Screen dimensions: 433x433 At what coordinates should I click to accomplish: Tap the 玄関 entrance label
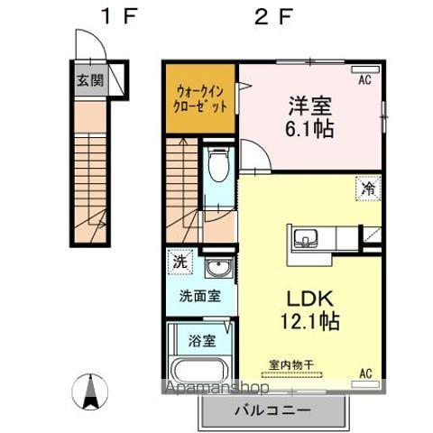[x=88, y=80]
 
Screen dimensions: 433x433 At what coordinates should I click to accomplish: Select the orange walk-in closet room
[x=200, y=97]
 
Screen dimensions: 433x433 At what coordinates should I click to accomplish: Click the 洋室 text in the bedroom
[x=310, y=105]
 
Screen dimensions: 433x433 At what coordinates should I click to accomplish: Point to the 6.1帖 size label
[x=310, y=129]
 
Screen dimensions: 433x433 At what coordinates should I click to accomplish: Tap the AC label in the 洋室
[x=365, y=80]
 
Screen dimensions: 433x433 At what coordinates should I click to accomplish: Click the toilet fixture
[x=217, y=166]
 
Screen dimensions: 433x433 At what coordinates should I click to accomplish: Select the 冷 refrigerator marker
[x=368, y=188]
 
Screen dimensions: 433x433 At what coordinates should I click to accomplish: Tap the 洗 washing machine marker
[x=180, y=264]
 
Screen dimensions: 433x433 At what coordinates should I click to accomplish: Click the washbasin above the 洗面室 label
[x=216, y=268]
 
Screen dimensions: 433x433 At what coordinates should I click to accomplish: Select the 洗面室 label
[x=198, y=296]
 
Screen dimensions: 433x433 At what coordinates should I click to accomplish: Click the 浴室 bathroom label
[x=201, y=341]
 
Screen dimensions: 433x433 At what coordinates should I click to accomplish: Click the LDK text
[x=309, y=298]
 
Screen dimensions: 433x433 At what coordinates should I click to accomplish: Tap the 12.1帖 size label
[x=309, y=320]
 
